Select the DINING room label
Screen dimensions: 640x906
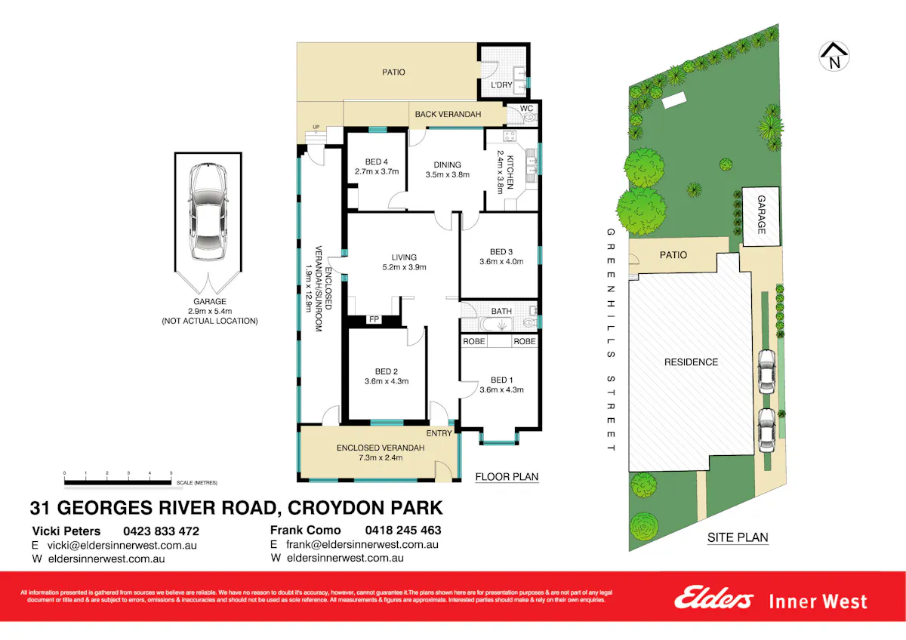[447, 165]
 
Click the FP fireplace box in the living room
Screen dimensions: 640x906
[374, 319]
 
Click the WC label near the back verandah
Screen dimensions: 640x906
[526, 108]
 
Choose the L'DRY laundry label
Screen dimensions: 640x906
[501, 85]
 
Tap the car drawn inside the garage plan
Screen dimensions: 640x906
[208, 212]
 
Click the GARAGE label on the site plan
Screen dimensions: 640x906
[761, 216]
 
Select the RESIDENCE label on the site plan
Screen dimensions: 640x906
[691, 362]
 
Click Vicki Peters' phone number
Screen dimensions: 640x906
[162, 531]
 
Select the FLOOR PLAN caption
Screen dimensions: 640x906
[507, 477]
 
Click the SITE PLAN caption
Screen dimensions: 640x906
[737, 538]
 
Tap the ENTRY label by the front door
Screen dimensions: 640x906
[439, 433]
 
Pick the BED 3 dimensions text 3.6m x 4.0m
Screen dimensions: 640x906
[501, 262]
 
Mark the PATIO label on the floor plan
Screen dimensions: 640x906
[392, 72]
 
